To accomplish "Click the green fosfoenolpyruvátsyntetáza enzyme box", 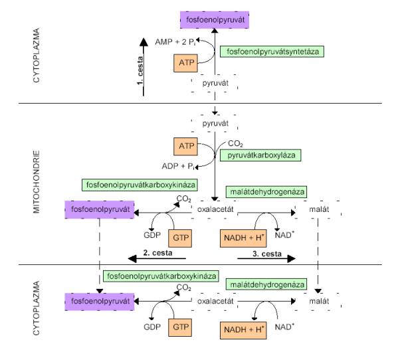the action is (x=272, y=52).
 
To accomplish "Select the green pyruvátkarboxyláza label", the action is (x=260, y=155).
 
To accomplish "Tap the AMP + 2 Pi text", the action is (x=175, y=42).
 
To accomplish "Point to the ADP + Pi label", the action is (x=178, y=166).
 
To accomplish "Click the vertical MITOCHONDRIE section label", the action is (x=37, y=182).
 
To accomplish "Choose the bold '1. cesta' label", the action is (x=140, y=70).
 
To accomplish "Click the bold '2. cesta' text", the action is (x=157, y=253).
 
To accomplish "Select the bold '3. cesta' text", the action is (x=267, y=254).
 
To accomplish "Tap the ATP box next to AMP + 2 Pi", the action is (x=186, y=63).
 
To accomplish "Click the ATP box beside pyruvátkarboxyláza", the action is (x=186, y=146).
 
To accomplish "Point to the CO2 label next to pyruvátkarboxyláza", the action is (x=235, y=143).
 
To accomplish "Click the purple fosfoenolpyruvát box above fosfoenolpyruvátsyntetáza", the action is (x=215, y=20).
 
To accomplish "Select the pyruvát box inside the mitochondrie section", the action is (x=215, y=124).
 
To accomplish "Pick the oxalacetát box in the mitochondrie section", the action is (x=215, y=210).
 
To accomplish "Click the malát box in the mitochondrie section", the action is (x=318, y=210).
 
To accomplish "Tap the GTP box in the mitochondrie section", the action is (x=180, y=238).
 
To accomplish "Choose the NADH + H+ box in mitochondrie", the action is (x=243, y=238).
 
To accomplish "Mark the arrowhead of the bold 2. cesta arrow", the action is (x=132, y=259).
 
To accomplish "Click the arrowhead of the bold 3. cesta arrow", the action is (x=291, y=259).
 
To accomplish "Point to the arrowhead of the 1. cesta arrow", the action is (x=144, y=42).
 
